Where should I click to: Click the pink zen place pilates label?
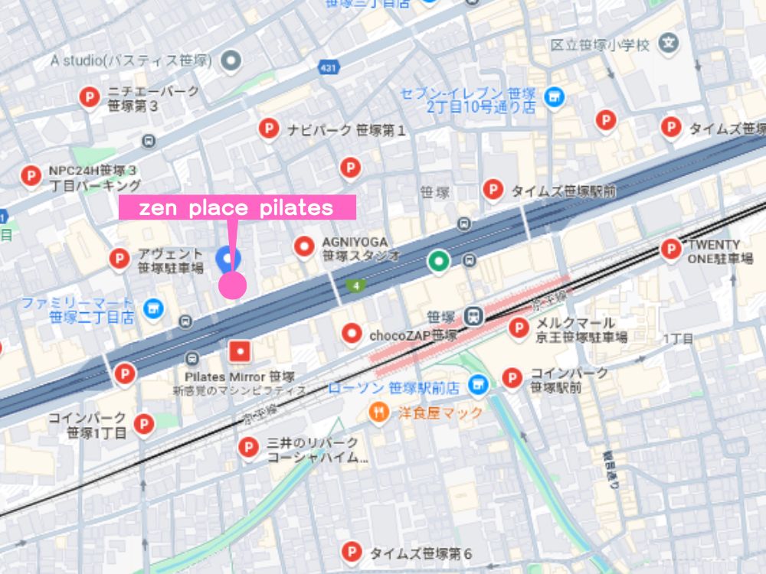[237, 207]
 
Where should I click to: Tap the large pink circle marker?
[232, 285]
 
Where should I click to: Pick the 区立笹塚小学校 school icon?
[669, 44]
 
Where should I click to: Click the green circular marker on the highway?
[438, 261]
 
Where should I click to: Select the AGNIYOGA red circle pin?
[305, 246]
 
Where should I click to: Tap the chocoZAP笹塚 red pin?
[352, 333]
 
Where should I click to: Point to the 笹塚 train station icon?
[475, 315]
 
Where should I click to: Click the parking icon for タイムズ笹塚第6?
[351, 550]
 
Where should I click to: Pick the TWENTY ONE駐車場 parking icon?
[671, 249]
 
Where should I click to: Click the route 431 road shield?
[327, 68]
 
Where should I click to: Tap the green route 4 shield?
[355, 285]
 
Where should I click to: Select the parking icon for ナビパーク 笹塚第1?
[268, 129]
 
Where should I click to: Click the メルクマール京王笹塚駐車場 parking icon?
[520, 328]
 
